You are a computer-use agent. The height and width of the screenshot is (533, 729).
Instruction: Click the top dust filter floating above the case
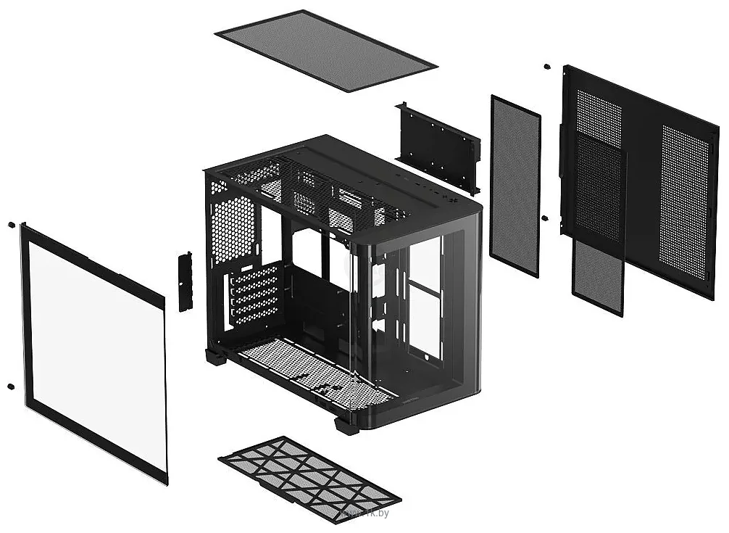click(325, 50)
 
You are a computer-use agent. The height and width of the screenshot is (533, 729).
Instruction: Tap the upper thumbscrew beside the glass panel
click(12, 226)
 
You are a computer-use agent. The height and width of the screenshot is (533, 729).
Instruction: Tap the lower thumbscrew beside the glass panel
click(11, 386)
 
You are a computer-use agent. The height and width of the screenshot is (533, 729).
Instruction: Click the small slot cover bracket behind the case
click(185, 281)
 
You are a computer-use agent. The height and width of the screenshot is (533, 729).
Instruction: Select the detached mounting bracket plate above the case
click(438, 147)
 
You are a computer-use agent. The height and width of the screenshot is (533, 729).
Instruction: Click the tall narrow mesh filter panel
click(515, 186)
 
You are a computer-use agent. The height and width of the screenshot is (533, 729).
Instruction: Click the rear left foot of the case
click(214, 357)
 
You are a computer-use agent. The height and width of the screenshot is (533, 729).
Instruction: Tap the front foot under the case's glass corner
click(347, 425)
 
